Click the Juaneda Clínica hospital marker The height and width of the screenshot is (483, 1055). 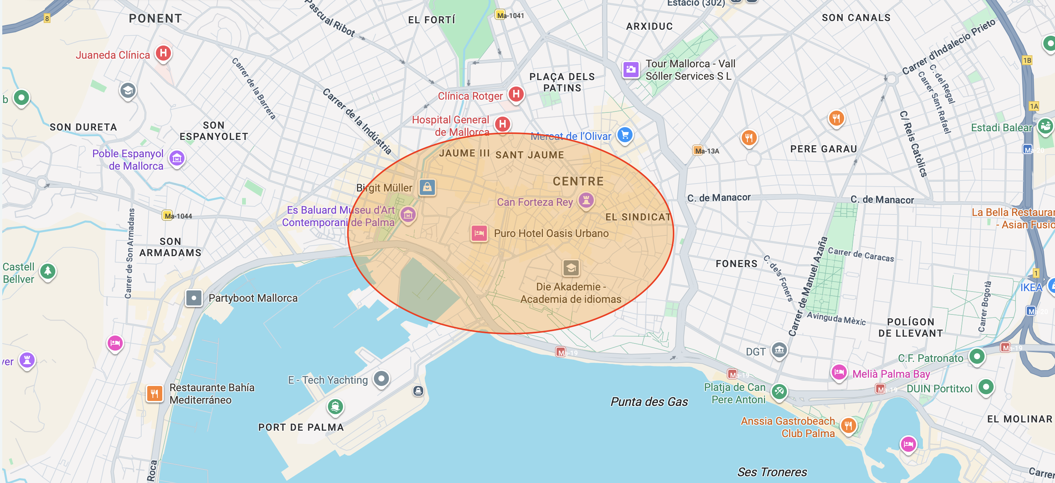163,53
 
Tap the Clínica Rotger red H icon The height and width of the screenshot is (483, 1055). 516,94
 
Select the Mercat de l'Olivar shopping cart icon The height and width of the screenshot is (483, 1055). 625,135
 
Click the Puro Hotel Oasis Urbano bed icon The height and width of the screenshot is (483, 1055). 479,233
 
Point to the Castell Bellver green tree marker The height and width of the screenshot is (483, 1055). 48,271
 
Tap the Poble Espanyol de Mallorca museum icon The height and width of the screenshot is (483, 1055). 177,158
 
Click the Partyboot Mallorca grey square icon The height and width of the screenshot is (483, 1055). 194,298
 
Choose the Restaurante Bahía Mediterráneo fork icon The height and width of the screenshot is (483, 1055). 154,394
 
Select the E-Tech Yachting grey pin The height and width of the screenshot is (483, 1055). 381,379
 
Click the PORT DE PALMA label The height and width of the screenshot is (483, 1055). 300,427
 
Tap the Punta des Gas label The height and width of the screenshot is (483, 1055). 649,401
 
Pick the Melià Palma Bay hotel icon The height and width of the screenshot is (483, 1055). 839,372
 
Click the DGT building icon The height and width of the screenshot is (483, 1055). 779,350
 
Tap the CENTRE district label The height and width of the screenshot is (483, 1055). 578,181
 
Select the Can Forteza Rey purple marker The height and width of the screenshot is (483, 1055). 586,200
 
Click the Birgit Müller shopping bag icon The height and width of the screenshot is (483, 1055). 427,187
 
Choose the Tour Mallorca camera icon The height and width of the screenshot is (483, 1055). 631,70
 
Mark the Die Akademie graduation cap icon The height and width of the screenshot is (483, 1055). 571,268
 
